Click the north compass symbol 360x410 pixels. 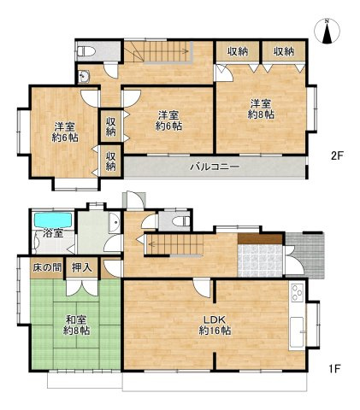coord(327,31)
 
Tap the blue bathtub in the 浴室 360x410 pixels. coord(53,220)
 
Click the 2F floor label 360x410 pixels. coord(337,155)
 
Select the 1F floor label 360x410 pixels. coord(334,369)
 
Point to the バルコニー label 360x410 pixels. coord(215,167)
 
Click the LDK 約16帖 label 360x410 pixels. coord(215,325)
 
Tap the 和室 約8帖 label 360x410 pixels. coord(76,325)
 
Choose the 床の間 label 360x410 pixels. coord(47,267)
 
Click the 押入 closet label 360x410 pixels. coord(82,267)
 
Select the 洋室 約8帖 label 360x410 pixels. coord(261,108)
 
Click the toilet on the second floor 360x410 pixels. coord(86,51)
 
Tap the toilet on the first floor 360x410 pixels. coord(181,221)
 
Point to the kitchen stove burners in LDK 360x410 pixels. coord(298,293)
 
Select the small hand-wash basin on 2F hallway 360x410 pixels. coord(84,76)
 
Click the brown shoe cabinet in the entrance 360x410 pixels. coord(260,239)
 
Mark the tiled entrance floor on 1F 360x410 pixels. coord(260,261)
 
